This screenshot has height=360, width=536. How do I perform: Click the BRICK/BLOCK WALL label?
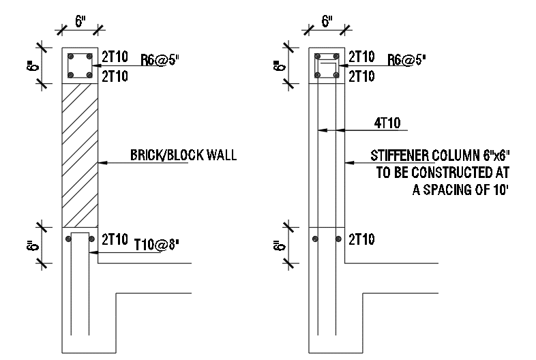tap(183, 155)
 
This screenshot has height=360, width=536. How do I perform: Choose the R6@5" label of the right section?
tap(406, 59)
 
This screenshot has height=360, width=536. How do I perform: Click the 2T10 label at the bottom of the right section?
tap(361, 239)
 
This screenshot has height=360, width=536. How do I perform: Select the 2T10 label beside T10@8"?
tap(114, 239)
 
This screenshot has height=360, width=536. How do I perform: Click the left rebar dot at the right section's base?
tap(315, 239)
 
